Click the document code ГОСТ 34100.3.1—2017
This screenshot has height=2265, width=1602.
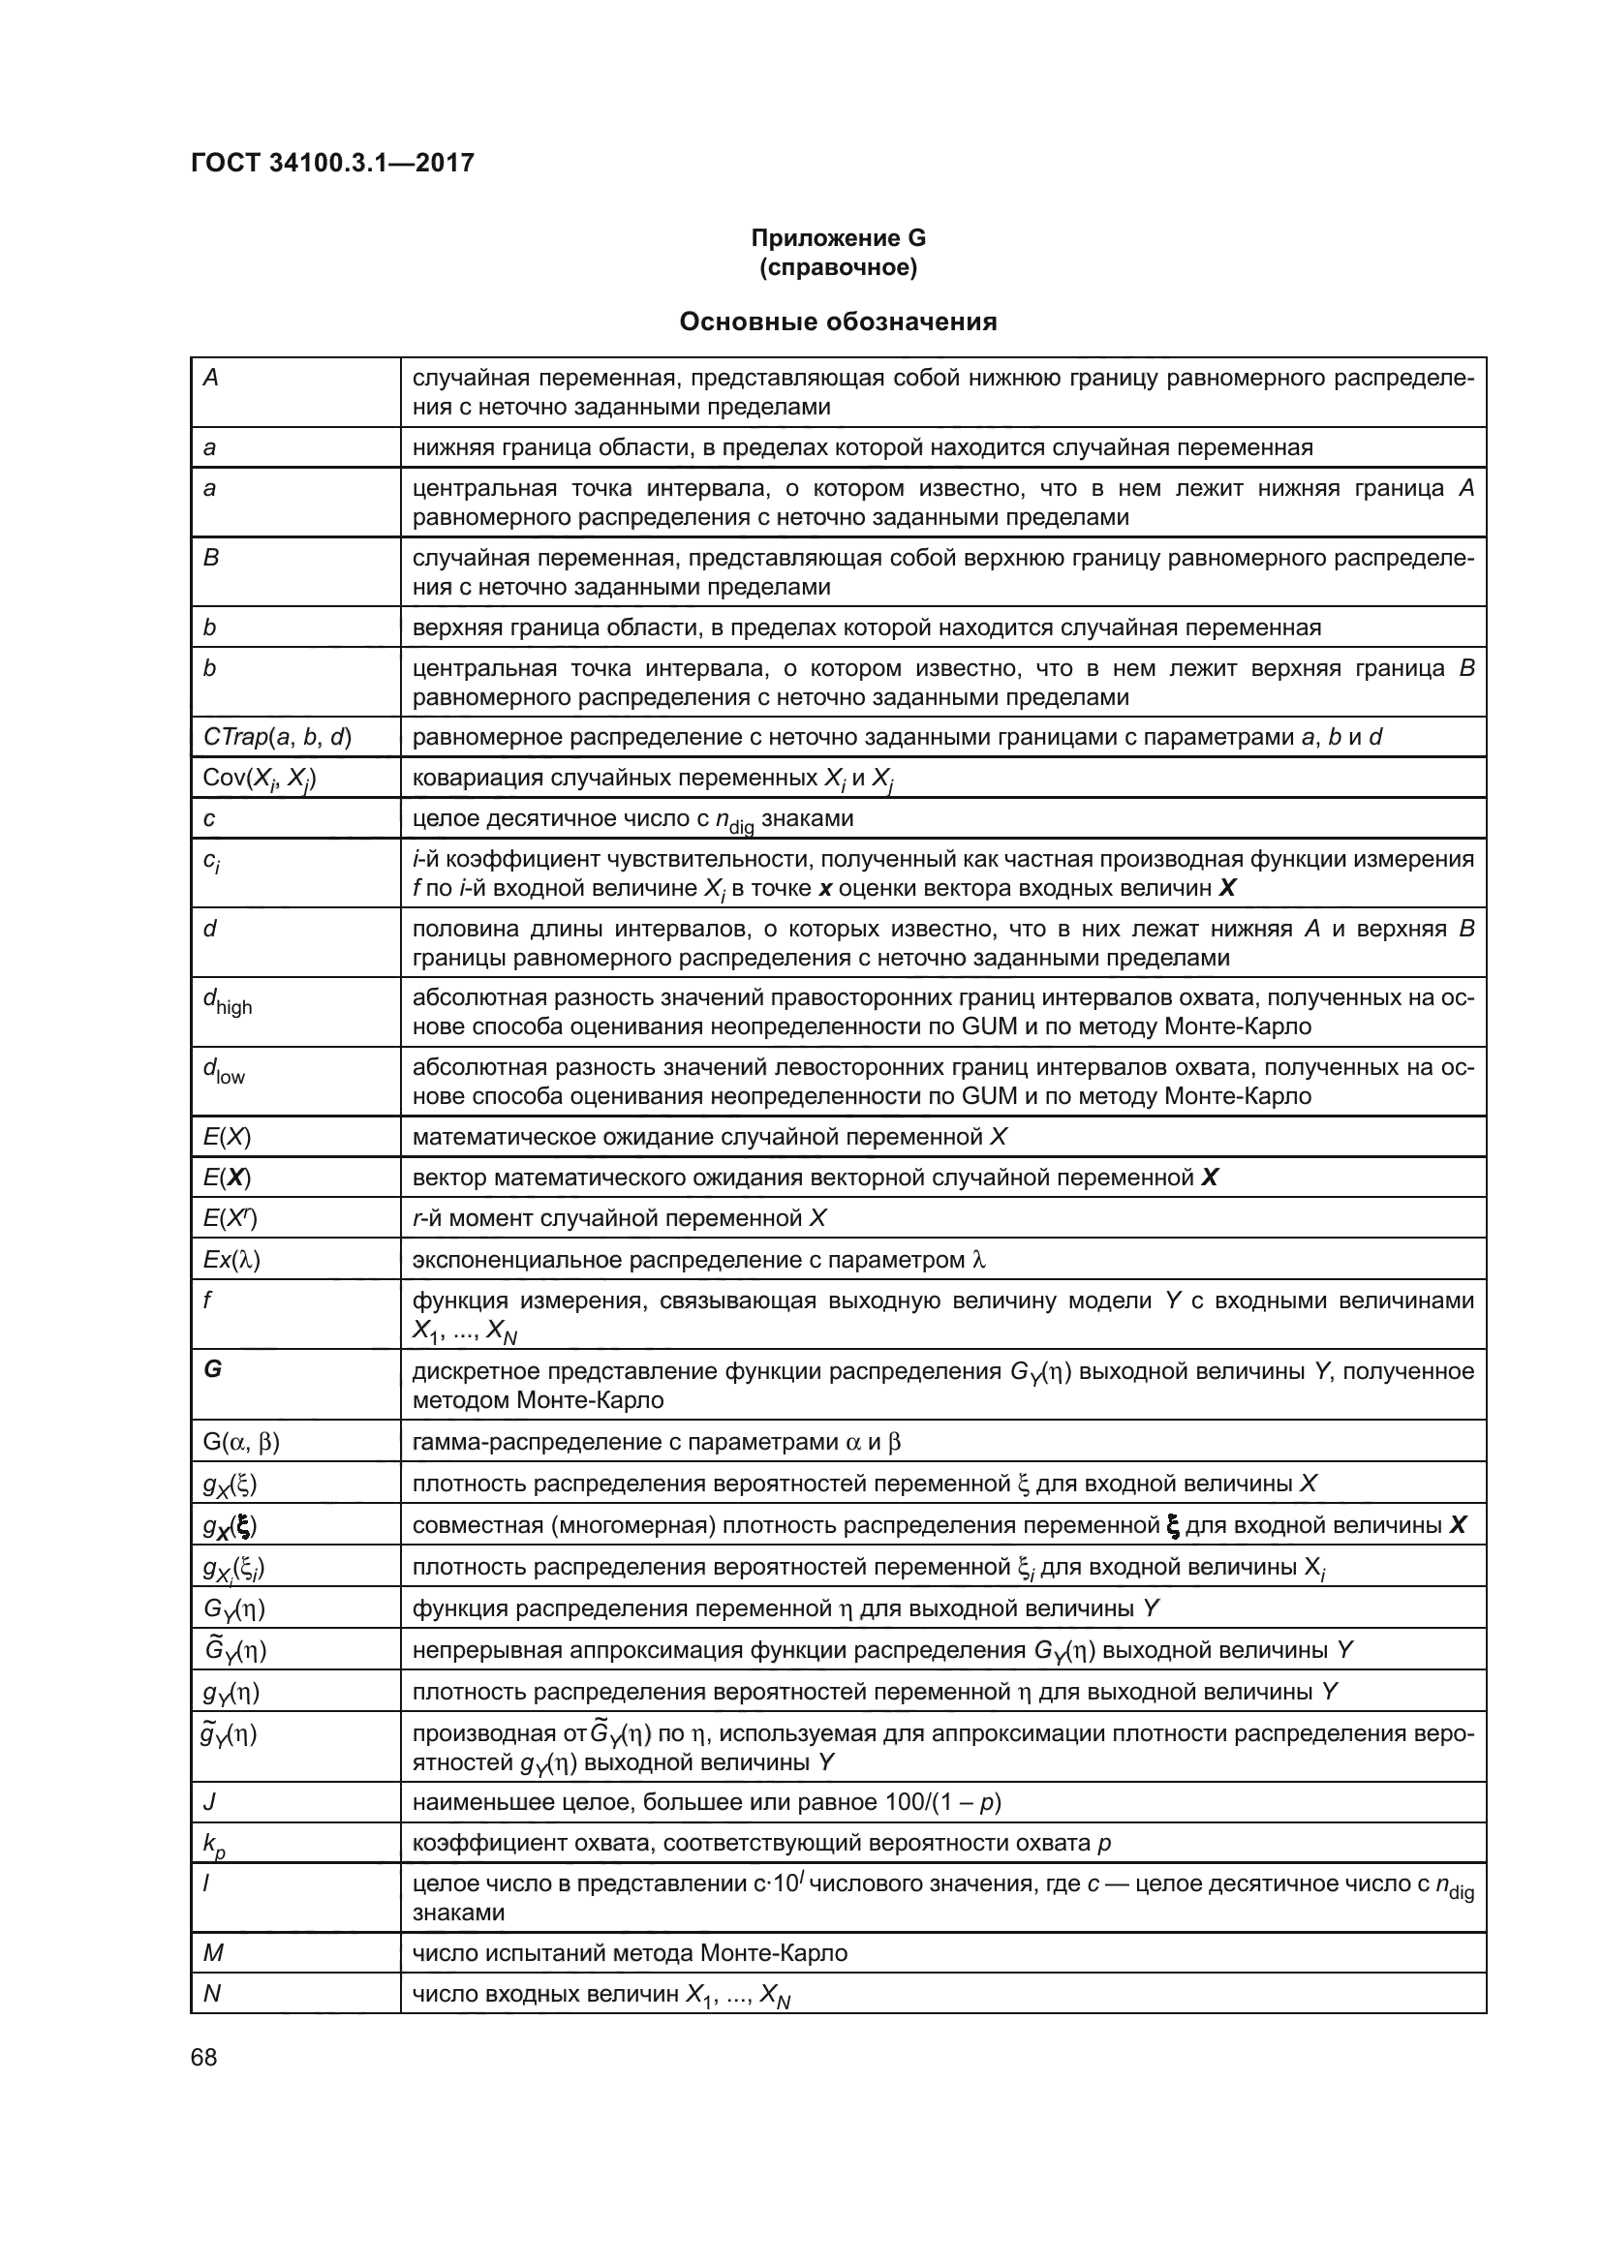332,163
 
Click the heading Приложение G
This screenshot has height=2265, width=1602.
838,238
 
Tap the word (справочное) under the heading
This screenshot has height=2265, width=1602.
838,267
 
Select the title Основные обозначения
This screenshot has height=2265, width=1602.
838,321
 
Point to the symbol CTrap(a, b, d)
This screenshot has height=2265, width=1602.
276,737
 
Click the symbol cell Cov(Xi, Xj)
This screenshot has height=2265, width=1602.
259,780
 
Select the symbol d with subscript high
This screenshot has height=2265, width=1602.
227,1001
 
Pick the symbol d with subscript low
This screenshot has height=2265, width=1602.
223,1070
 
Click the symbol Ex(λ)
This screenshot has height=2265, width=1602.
231,1260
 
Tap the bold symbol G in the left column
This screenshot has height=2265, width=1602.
212,1369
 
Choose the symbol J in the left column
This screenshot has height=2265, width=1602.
209,1802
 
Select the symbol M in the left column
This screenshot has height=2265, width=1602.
213,1952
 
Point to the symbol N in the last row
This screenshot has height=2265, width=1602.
211,1993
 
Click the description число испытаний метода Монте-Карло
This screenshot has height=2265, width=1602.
630,1952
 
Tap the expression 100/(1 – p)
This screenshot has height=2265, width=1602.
942,1802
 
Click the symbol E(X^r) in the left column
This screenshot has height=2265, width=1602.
230,1218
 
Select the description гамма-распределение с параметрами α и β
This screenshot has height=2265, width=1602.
656,1442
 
